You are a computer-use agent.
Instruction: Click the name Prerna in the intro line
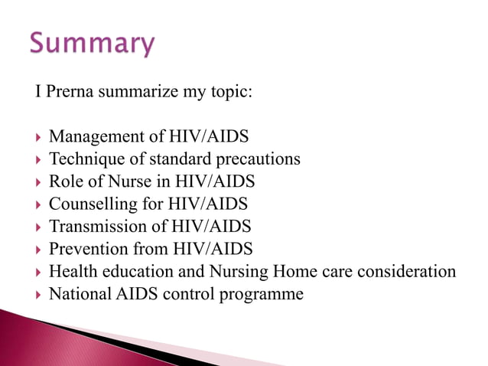click(69, 93)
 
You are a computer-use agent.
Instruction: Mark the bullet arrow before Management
click(38, 138)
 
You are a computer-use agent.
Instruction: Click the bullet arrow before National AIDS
click(38, 294)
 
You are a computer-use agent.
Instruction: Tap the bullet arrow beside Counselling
click(38, 205)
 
